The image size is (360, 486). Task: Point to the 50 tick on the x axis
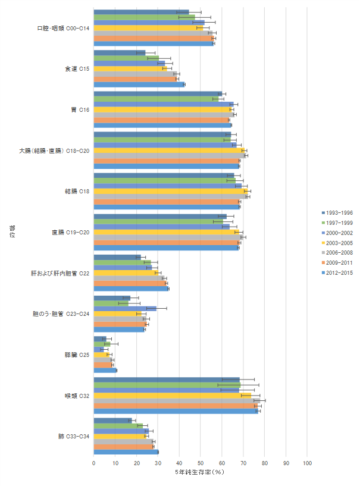[201, 462]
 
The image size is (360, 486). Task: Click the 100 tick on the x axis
[307, 462]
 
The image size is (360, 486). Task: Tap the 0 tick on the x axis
[94, 462]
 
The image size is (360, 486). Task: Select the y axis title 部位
[11, 232]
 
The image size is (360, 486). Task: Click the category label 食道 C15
[77, 69]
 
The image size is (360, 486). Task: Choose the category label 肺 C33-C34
[74, 436]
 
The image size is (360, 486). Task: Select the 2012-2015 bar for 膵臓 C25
[105, 370]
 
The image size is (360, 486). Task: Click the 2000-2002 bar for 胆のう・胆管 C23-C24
[125, 308]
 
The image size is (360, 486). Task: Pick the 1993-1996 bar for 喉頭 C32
[167, 380]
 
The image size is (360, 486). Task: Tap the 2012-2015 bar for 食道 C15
[139, 84]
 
